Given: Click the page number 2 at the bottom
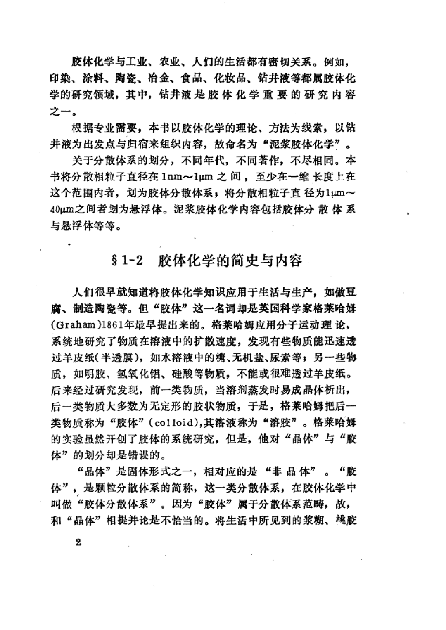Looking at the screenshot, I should pyautogui.click(x=78, y=542).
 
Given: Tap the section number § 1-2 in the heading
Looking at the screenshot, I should pyautogui.click(x=128, y=261).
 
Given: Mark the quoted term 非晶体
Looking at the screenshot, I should pyautogui.click(x=292, y=471).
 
